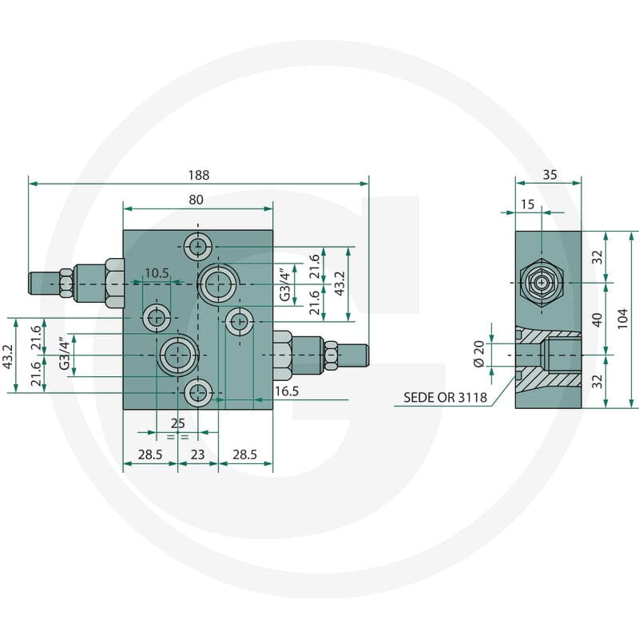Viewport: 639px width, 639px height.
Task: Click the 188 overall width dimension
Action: (x=198, y=175)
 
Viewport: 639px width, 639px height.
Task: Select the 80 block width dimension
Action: (x=196, y=200)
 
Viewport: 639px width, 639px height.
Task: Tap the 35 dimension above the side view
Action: (x=550, y=175)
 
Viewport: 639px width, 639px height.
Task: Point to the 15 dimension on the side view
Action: (x=528, y=204)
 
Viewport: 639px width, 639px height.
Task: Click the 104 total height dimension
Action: (x=622, y=319)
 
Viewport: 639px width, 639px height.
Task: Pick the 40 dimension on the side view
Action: (x=597, y=319)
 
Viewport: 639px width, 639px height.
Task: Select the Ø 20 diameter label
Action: (x=479, y=354)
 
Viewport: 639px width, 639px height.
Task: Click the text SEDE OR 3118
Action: (x=445, y=397)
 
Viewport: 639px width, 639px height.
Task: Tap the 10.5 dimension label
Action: (x=157, y=273)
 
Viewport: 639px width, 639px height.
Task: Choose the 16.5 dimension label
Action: (x=287, y=391)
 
